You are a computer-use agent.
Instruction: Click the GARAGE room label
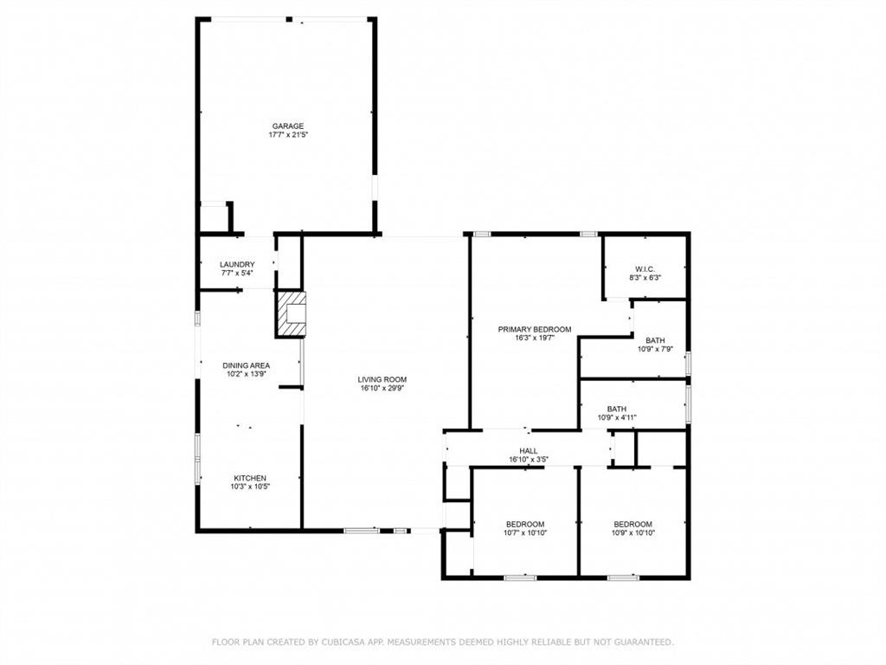pyautogui.click(x=288, y=126)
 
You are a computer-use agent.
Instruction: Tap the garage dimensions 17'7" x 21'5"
pyautogui.click(x=288, y=135)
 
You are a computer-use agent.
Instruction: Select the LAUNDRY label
pyautogui.click(x=237, y=265)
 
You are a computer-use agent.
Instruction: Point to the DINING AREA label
pyautogui.click(x=247, y=365)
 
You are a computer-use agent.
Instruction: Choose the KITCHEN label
pyautogui.click(x=250, y=478)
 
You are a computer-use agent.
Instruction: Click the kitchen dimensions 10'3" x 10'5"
pyautogui.click(x=250, y=487)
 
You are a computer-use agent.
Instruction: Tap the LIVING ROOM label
pyautogui.click(x=382, y=379)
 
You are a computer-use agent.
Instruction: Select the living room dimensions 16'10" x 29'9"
pyautogui.click(x=382, y=389)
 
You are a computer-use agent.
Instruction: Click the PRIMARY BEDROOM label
pyautogui.click(x=535, y=329)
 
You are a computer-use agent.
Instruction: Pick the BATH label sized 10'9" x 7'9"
pyautogui.click(x=655, y=340)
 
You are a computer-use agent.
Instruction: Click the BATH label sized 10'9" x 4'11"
pyautogui.click(x=617, y=409)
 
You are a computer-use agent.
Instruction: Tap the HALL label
pyautogui.click(x=529, y=451)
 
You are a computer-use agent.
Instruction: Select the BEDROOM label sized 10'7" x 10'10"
pyautogui.click(x=525, y=524)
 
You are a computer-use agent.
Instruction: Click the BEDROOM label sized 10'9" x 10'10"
pyautogui.click(x=632, y=524)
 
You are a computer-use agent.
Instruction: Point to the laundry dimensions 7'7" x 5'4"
pyautogui.click(x=237, y=274)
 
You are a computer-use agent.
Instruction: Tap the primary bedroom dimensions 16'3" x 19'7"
pyautogui.click(x=535, y=339)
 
